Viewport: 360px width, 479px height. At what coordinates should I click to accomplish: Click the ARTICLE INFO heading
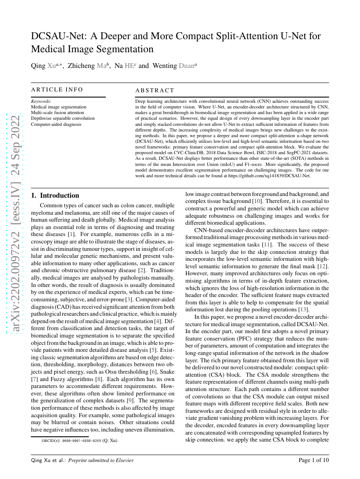click(x=57, y=90)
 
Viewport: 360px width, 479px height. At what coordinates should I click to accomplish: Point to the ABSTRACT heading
click(x=155, y=91)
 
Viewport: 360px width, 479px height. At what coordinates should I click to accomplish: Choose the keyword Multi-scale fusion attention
click(x=57, y=112)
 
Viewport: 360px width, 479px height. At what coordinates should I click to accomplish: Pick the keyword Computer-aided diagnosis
click(x=56, y=124)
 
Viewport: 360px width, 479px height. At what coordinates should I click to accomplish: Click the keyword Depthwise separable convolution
click(x=63, y=118)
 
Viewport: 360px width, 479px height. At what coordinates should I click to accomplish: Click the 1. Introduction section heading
click(x=55, y=196)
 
